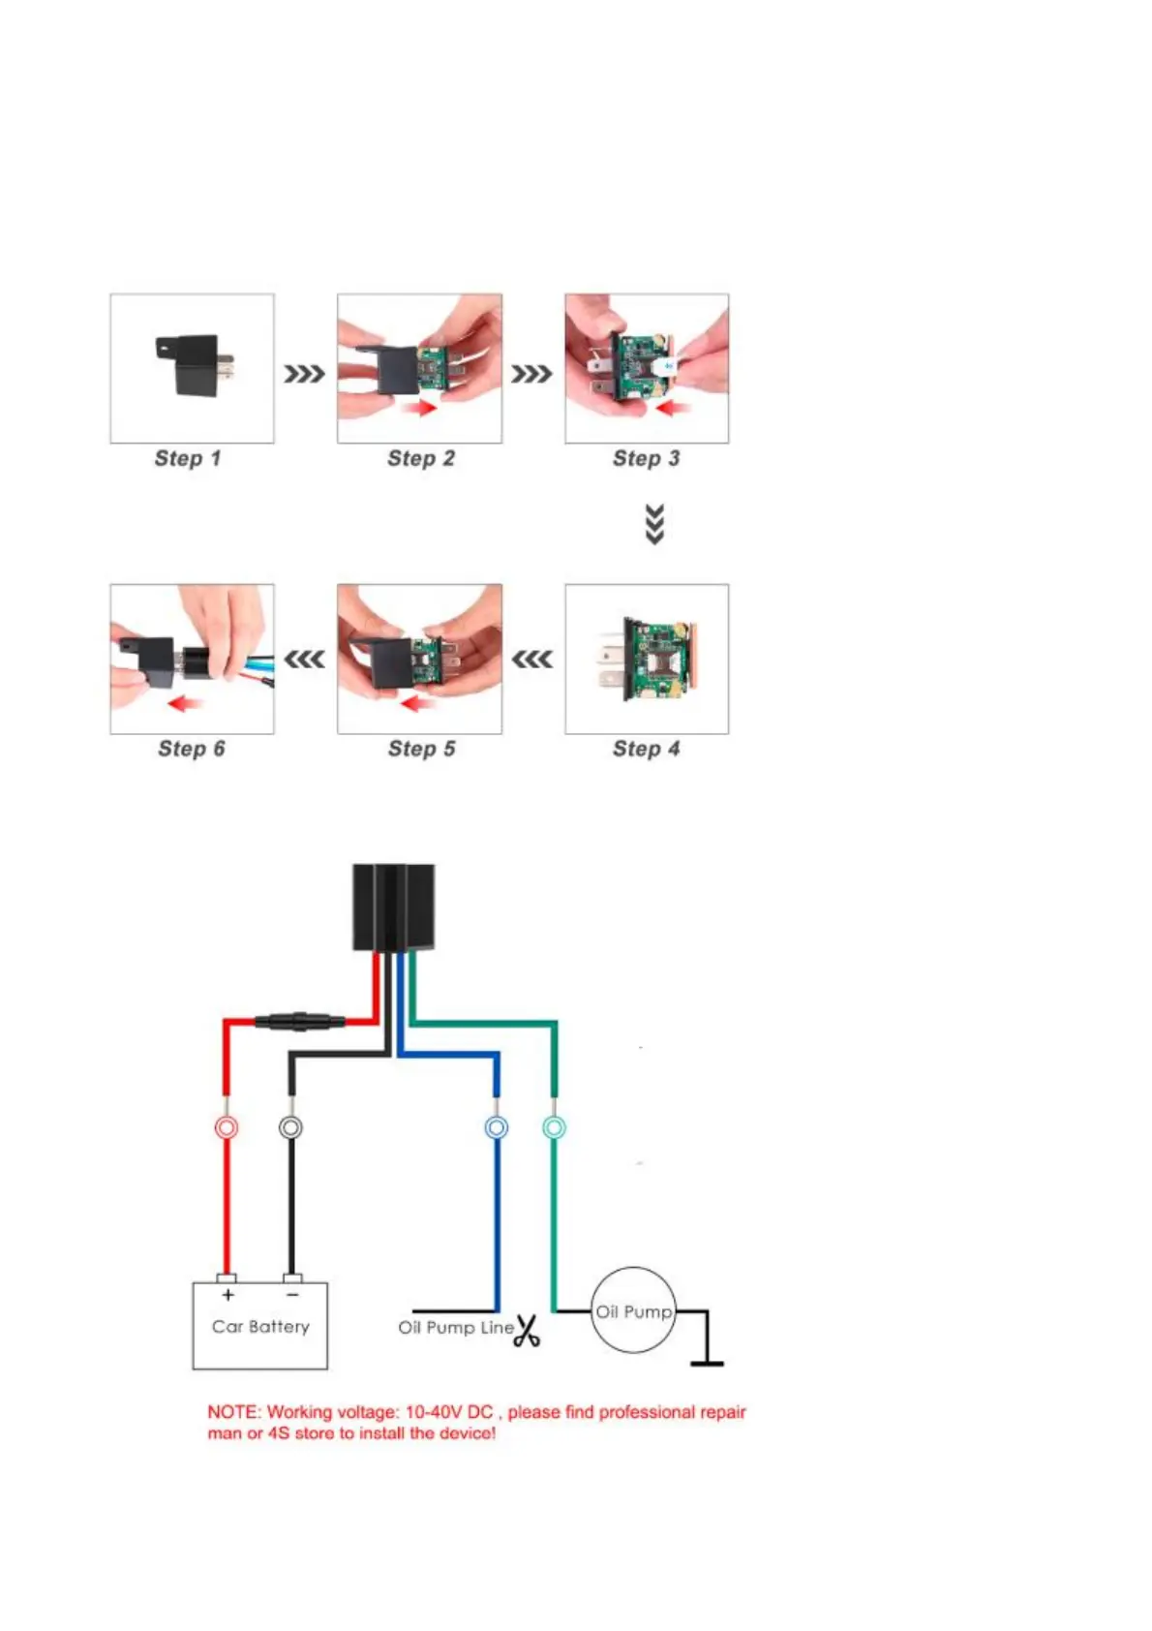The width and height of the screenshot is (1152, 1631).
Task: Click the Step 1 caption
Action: (188, 458)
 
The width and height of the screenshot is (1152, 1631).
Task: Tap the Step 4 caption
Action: (646, 749)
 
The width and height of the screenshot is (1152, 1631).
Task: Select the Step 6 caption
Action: (191, 749)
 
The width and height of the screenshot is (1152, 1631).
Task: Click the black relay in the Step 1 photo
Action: (194, 363)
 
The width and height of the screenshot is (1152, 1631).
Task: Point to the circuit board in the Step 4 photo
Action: (653, 660)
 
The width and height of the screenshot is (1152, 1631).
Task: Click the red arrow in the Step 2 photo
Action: (418, 410)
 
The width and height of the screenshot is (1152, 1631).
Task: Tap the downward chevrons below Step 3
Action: (654, 524)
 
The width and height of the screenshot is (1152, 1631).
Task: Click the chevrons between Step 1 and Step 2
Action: (304, 374)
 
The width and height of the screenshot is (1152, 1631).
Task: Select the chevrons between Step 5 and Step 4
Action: (531, 660)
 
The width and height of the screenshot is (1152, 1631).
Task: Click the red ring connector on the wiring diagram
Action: (226, 1127)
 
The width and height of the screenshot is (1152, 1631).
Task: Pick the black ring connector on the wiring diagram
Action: (290, 1127)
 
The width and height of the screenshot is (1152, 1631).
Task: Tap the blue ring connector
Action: (496, 1127)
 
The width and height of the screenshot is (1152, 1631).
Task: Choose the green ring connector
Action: (554, 1127)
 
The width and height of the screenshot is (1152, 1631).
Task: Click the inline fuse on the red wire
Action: (299, 1021)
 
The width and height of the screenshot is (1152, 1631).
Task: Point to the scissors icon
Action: (527, 1331)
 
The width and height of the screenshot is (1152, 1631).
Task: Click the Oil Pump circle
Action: (633, 1311)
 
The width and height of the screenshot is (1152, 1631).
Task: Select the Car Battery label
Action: (260, 1327)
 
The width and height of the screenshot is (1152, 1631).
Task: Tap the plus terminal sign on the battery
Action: (227, 1295)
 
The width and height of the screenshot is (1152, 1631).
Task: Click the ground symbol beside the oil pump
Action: (707, 1361)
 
